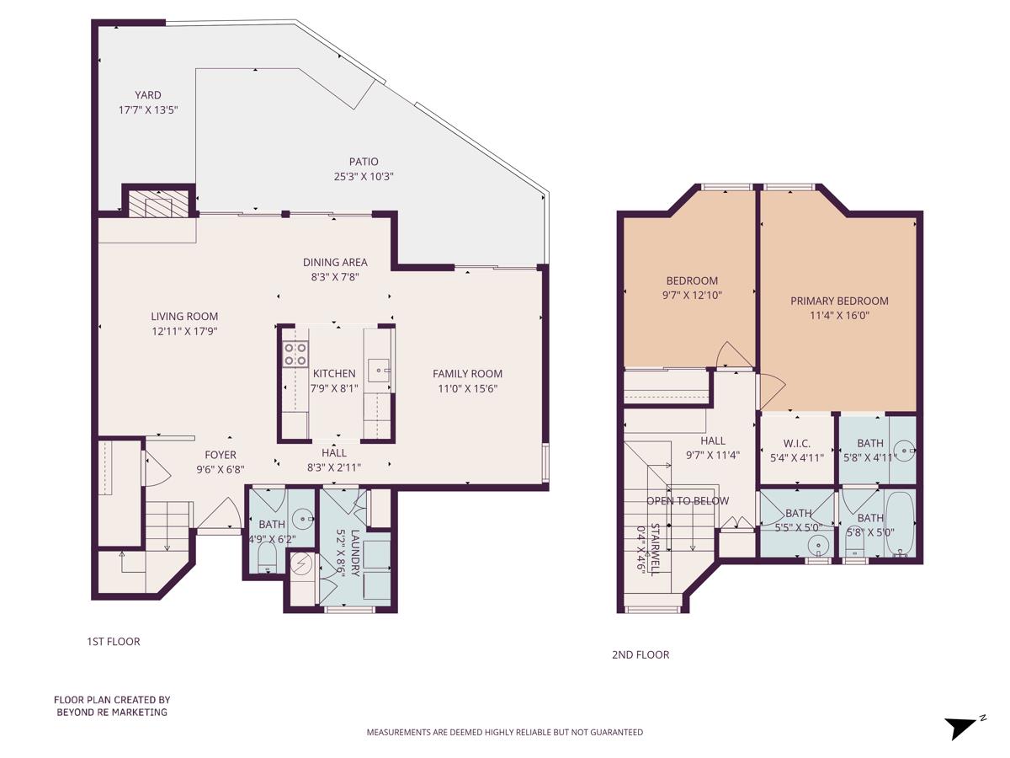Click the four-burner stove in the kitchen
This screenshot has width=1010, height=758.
[x=295, y=354]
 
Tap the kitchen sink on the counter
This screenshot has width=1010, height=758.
[x=378, y=370]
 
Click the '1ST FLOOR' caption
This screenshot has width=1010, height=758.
[x=114, y=642]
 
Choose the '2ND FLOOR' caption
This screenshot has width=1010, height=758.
[x=641, y=654]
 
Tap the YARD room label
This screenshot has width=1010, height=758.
[x=148, y=95]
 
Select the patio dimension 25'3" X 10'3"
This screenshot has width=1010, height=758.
[x=364, y=176]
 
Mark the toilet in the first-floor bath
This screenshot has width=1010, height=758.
[x=266, y=557]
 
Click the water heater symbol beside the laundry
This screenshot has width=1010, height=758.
[x=300, y=562]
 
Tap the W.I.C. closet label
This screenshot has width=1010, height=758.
[x=797, y=444]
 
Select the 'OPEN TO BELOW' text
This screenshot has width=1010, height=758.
[x=688, y=501]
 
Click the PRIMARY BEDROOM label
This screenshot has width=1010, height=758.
[x=839, y=301]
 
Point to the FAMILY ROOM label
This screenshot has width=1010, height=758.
[x=467, y=374]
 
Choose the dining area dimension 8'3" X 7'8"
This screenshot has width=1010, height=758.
[x=335, y=275]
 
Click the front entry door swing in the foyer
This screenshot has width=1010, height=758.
[x=221, y=515]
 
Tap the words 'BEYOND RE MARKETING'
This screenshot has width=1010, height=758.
[x=112, y=712]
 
